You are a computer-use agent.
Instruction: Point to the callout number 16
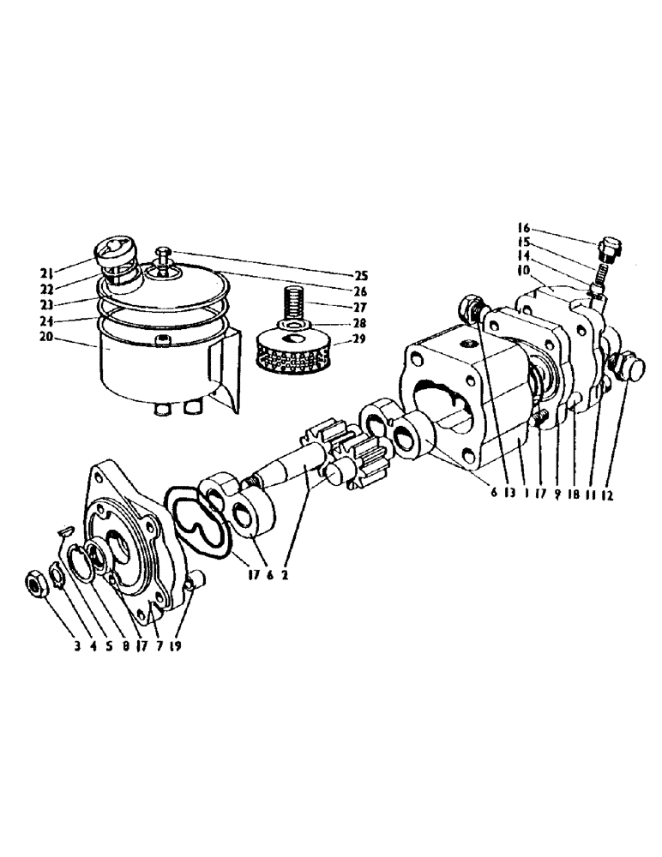(524, 229)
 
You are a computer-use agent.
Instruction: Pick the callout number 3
(76, 647)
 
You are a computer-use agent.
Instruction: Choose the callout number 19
(177, 647)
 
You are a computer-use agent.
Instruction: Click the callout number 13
(512, 494)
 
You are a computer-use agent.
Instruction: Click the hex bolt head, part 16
(611, 249)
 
